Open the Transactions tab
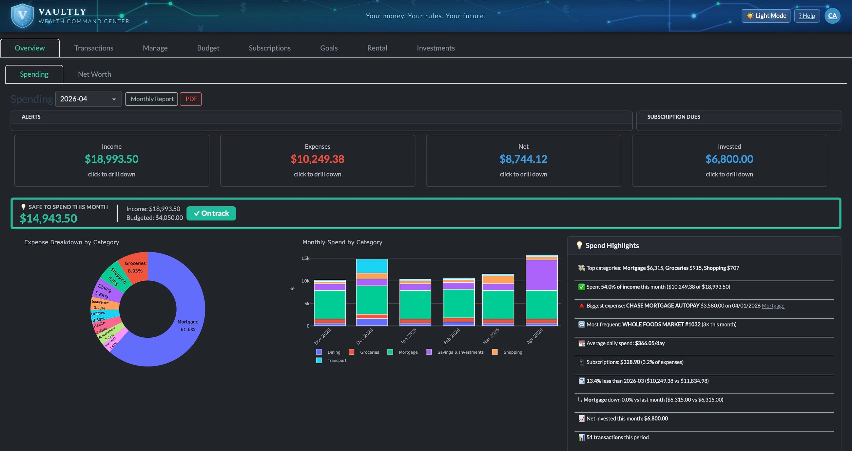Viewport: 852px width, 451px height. tap(94, 48)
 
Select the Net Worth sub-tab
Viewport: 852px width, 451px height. tap(95, 74)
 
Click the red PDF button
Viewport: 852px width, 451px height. tap(191, 99)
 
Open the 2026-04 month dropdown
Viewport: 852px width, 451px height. tap(88, 99)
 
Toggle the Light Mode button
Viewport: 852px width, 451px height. tap(766, 16)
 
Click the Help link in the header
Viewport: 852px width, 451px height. tap(807, 16)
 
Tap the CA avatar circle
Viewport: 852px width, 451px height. tap(832, 16)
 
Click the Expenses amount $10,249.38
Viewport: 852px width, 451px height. tap(318, 160)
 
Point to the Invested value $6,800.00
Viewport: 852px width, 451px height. tap(729, 160)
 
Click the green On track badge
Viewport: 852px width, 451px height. tap(211, 214)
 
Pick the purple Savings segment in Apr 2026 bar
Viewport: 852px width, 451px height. tap(541, 275)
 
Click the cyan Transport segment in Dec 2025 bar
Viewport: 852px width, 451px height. tap(372, 266)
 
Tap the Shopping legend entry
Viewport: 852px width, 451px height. tap(507, 352)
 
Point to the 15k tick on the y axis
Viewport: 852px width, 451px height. tap(305, 258)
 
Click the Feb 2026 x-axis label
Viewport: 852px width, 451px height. tap(452, 336)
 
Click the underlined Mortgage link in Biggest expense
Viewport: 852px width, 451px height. tap(773, 306)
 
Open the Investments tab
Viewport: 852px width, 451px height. tap(436, 48)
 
